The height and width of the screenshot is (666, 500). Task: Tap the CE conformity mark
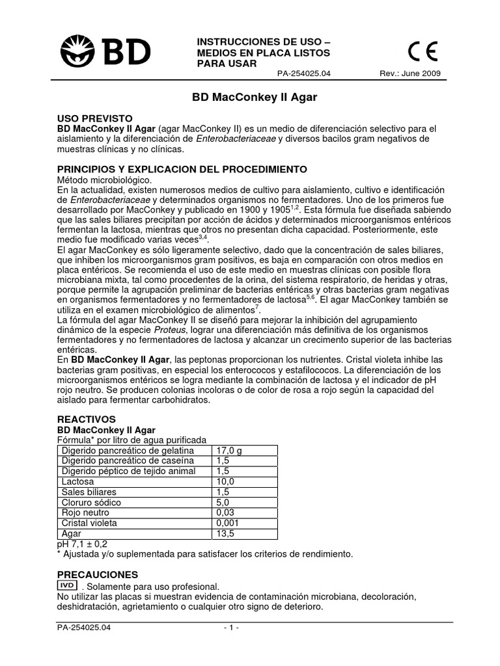point(423,51)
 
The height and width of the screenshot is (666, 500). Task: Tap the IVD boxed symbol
point(68,586)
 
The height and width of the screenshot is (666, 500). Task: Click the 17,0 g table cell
point(228,451)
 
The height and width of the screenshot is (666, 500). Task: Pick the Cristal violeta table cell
point(91,524)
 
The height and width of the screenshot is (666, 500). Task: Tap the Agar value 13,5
point(223,533)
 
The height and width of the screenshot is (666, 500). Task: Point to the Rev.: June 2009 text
point(410,73)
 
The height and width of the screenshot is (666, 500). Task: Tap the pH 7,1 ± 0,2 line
point(83,543)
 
